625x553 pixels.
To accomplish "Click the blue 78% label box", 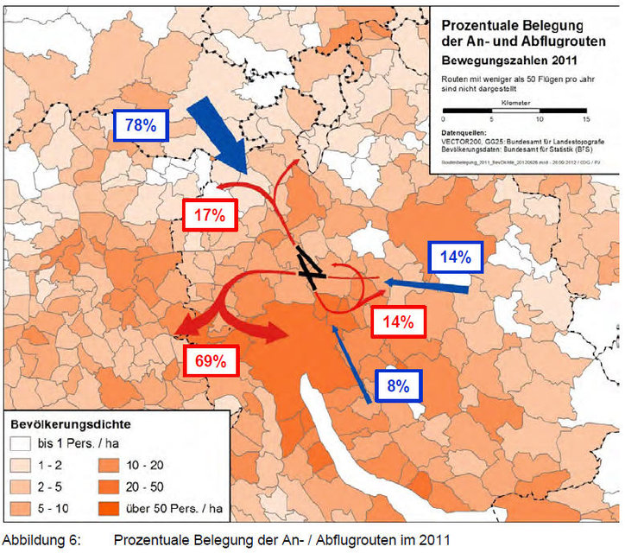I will [x=140, y=125].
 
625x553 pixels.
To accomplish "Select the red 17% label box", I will [x=210, y=217].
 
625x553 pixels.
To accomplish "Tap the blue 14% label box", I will [x=454, y=257].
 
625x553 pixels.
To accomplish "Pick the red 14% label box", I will [x=398, y=321].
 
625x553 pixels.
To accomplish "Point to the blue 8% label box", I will [x=397, y=386].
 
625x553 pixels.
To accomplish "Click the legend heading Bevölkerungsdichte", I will [x=70, y=425].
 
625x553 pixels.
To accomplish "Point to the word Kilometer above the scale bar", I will [x=514, y=102].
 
